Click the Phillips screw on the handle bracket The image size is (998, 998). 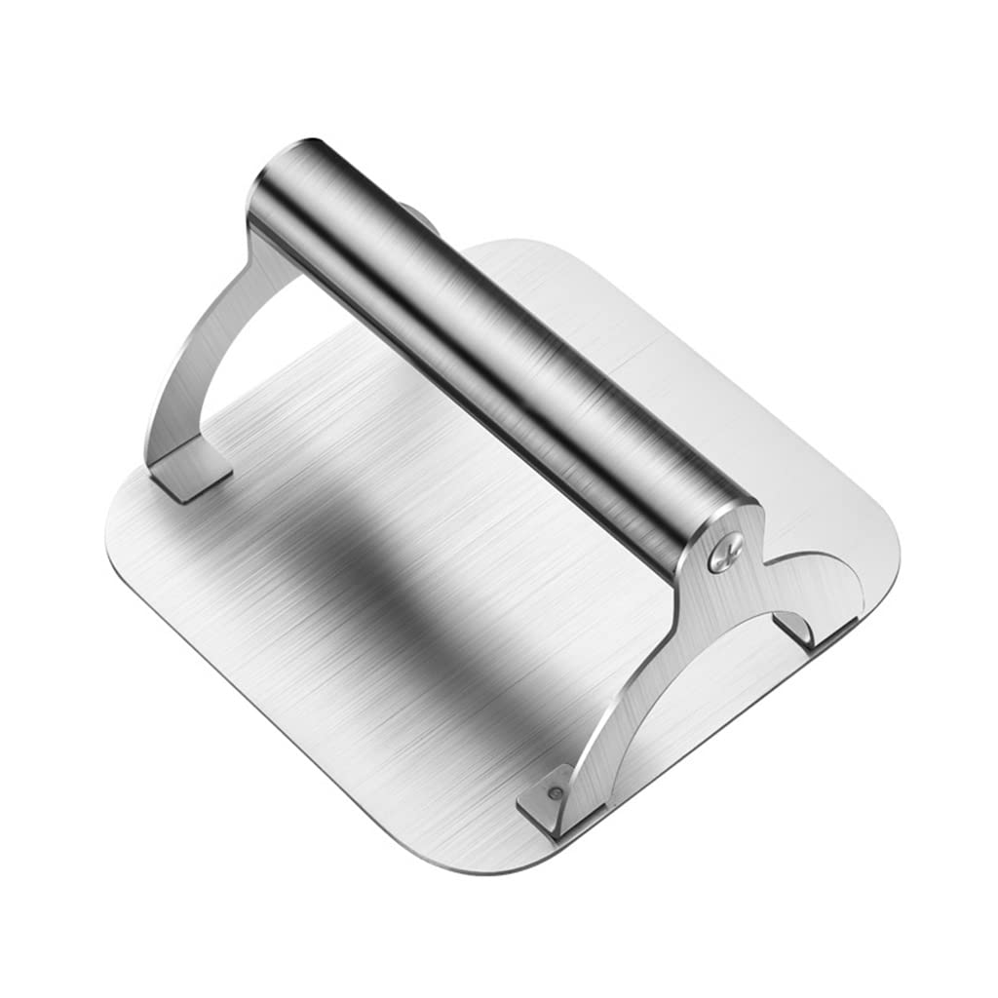click(724, 555)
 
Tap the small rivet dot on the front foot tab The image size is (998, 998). click(554, 794)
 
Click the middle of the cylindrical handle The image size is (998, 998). click(487, 351)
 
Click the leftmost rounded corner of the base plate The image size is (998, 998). click(122, 507)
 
